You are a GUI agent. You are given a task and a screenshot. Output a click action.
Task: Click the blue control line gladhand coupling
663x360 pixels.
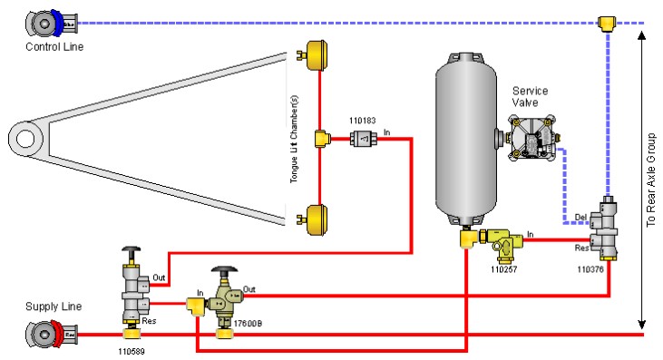click(48, 21)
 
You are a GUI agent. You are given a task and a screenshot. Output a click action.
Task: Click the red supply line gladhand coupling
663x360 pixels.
click(48, 335)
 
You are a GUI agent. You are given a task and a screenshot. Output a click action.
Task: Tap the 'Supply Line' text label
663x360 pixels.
click(54, 306)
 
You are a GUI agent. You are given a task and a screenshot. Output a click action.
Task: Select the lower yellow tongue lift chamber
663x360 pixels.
click(315, 219)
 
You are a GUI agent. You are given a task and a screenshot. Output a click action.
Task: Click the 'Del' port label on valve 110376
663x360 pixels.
click(581, 216)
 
